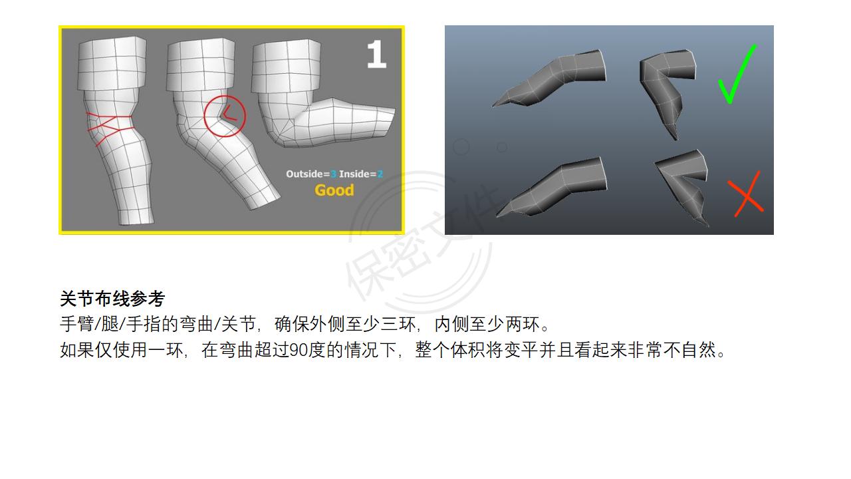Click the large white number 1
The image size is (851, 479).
(376, 55)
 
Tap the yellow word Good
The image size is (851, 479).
(334, 190)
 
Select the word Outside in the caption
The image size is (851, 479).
(304, 174)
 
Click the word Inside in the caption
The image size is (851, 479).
(354, 174)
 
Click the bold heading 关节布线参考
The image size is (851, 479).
(112, 299)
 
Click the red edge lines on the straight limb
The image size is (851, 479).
(110, 129)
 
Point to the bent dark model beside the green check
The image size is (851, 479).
(667, 91)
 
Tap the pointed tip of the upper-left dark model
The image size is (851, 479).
(493, 106)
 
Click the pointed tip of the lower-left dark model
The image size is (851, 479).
(497, 216)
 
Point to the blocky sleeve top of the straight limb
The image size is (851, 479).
(112, 63)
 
